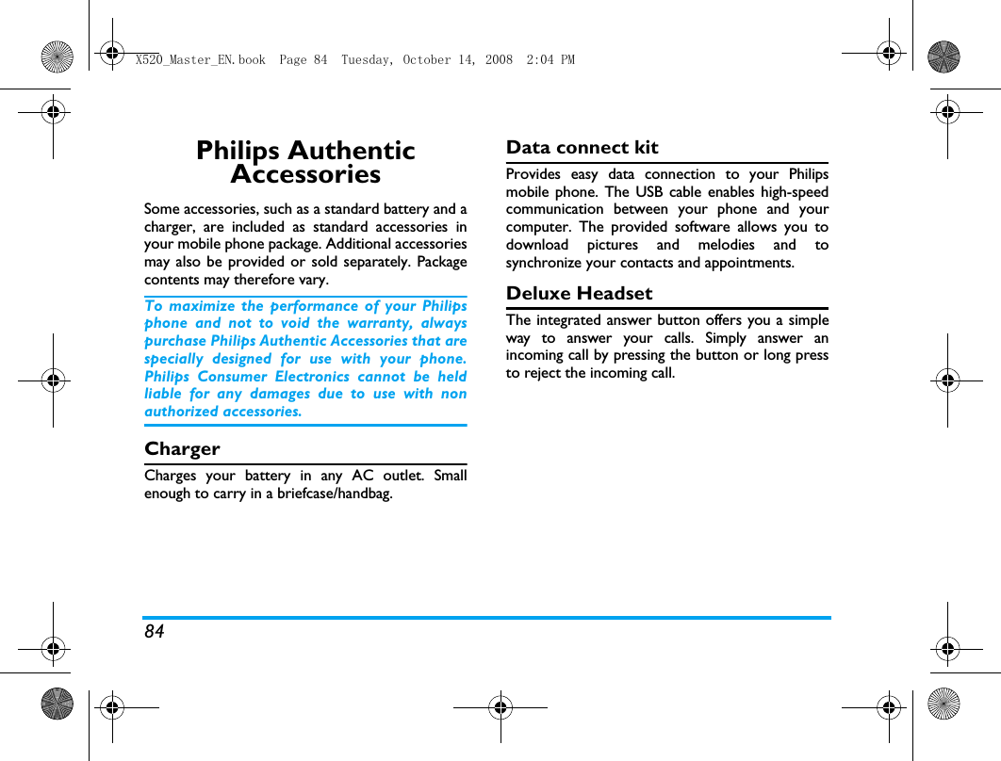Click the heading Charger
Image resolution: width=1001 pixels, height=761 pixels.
click(182, 449)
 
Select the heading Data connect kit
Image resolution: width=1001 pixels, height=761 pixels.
click(582, 148)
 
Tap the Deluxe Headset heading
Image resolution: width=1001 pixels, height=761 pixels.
click(579, 294)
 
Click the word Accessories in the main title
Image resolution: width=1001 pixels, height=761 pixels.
click(305, 175)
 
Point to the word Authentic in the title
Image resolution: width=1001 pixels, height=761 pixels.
click(351, 151)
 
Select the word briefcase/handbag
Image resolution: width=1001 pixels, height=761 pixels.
click(335, 494)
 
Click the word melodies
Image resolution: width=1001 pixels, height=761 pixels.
click(726, 245)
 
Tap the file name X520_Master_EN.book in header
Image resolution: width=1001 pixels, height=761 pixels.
click(200, 60)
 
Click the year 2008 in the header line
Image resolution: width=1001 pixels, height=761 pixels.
click(500, 60)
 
